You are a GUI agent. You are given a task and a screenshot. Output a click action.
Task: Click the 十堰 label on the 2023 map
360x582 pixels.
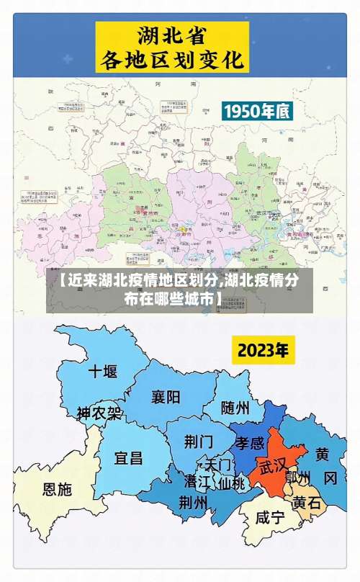tap(102, 372)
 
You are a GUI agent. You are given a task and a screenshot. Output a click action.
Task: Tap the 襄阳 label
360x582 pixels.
tap(166, 397)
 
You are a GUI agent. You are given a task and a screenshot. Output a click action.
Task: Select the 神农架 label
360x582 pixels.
tap(99, 414)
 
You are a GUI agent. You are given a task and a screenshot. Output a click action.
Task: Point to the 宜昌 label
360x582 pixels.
tap(129, 457)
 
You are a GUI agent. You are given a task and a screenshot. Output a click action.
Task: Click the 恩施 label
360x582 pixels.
tap(58, 489)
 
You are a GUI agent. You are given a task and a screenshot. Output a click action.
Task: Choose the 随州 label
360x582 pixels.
tap(235, 408)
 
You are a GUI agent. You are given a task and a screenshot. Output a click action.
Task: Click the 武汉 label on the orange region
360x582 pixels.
tap(274, 465)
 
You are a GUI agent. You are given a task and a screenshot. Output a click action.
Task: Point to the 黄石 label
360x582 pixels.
tap(306, 503)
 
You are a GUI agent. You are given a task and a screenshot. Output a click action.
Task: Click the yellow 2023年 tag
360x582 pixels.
tap(264, 352)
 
